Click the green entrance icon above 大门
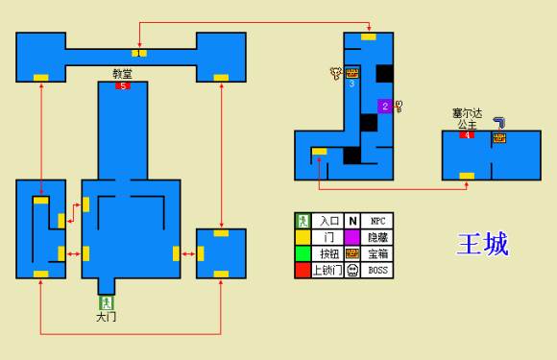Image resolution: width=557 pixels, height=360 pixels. [106, 302]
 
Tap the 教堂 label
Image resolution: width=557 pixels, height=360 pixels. [123, 74]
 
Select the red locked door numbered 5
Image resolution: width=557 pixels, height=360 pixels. [123, 85]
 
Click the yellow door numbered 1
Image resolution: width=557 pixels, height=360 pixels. [139, 53]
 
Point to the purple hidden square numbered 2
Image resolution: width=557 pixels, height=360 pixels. [385, 107]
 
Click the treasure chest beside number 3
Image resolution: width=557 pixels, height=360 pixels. [352, 74]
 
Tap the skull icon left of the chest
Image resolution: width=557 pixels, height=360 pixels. [336, 73]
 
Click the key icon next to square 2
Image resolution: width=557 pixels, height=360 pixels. [399, 107]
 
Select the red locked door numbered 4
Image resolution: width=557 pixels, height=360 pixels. [467, 135]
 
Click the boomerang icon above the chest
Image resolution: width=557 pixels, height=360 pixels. [499, 123]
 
